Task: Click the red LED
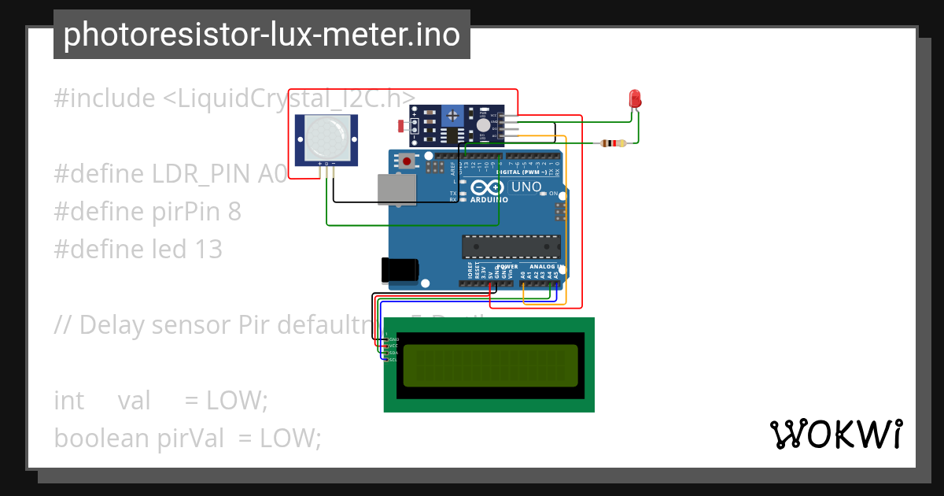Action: pyautogui.click(x=635, y=98)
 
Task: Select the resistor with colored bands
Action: pyautogui.click(x=613, y=143)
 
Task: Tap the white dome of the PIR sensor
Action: pyautogui.click(x=326, y=136)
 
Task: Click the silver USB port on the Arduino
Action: pyautogui.click(x=396, y=190)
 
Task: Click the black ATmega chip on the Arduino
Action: pyautogui.click(x=511, y=246)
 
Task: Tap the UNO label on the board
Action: pyautogui.click(x=526, y=187)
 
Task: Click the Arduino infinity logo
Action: pyautogui.click(x=488, y=188)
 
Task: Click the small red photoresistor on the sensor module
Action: pyautogui.click(x=402, y=125)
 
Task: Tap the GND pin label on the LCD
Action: pyautogui.click(x=393, y=339)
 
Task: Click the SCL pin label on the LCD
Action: pyautogui.click(x=393, y=360)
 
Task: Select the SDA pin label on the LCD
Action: pyautogui.click(x=393, y=353)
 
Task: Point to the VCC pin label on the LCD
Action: pyautogui.click(x=393, y=346)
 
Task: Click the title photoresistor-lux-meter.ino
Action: pyautogui.click(x=261, y=35)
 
